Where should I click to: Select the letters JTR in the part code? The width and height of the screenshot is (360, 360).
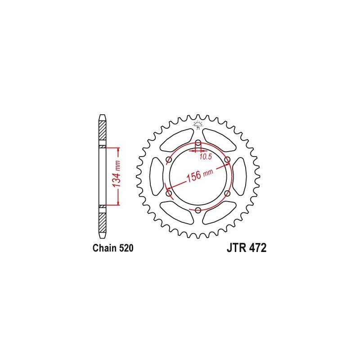234,248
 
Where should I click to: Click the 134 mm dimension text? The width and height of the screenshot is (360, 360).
116,175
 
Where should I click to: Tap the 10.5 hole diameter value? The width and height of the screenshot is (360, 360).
205,156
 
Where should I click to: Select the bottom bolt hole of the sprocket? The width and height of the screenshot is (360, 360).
198,210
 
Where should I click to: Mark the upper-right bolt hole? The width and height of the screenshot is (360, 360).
227,160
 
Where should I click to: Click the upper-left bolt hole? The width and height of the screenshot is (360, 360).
169,160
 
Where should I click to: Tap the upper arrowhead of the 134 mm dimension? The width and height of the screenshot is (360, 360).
118,149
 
